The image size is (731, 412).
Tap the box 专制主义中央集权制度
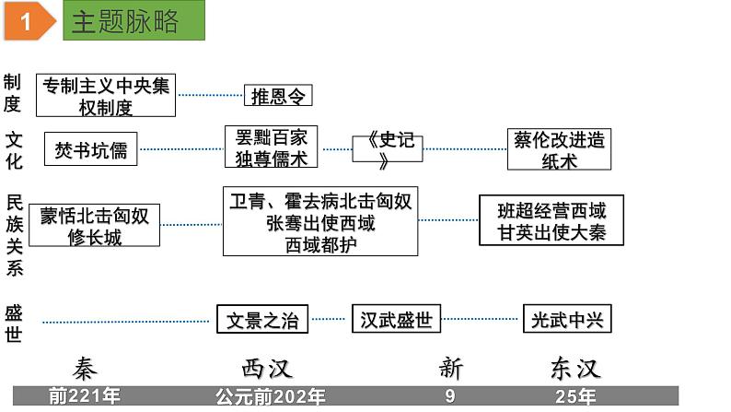[106, 96]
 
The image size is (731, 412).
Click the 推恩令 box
[278, 96]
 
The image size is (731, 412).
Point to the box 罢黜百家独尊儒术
[271, 147]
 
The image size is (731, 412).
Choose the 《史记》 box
[388, 148]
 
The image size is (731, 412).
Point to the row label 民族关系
[14, 235]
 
